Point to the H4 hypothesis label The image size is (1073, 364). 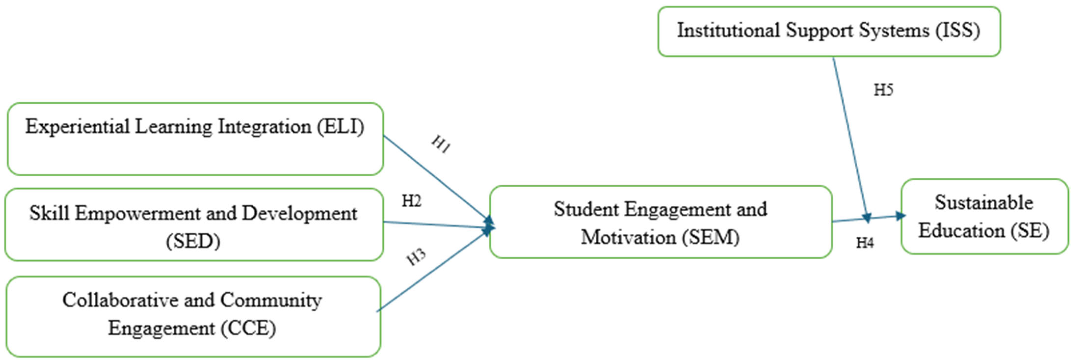(865, 243)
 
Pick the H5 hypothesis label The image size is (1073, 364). (883, 90)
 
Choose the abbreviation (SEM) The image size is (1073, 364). (711, 237)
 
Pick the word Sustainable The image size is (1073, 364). (984, 203)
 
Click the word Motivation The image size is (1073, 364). (628, 237)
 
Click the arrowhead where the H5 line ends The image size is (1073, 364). (867, 218)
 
